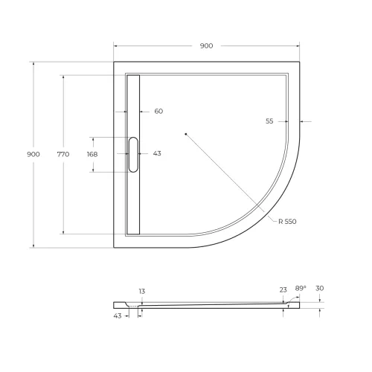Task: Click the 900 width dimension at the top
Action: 206,46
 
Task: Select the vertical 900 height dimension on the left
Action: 33,154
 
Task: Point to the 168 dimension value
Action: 92,154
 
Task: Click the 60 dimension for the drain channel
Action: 158,112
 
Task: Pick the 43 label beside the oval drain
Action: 157,154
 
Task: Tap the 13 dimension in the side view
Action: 141,291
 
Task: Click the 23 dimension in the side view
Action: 283,290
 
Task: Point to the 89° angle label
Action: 300,288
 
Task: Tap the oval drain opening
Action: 133,154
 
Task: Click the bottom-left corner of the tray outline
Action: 114,247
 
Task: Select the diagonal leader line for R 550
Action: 231,179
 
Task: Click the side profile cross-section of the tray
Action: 208,305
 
